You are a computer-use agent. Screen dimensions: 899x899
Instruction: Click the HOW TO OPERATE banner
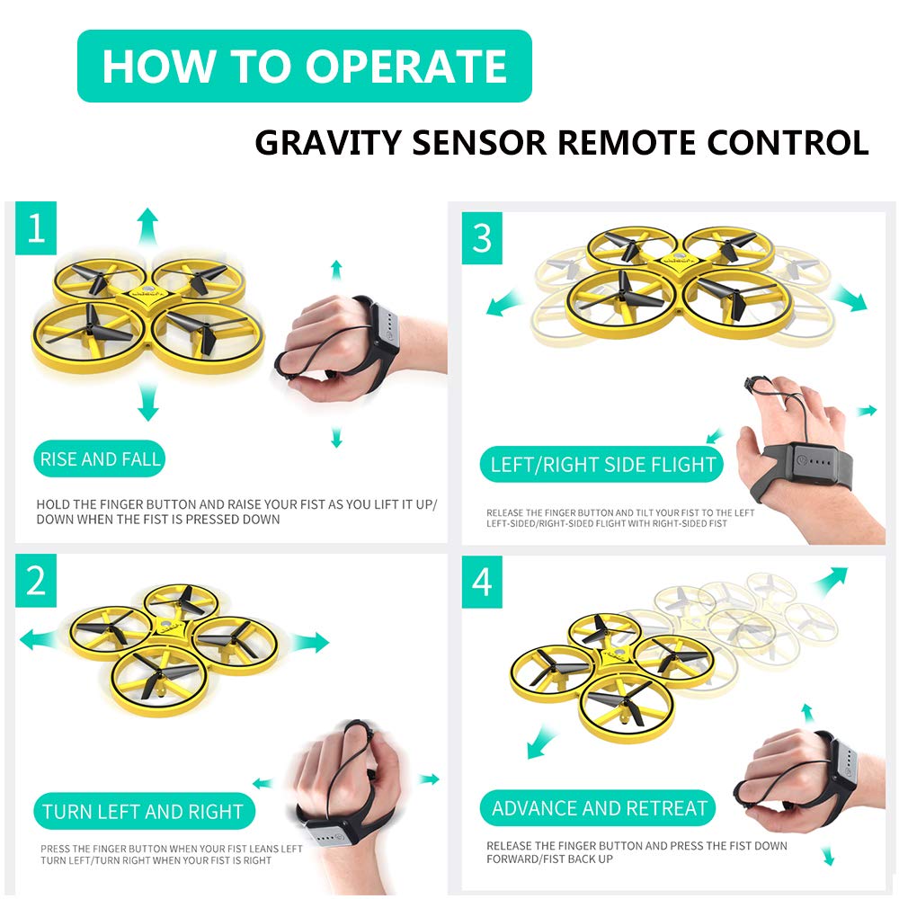305,66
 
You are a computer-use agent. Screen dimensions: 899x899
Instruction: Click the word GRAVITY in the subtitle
328,143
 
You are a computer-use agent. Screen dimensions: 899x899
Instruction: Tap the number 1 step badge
36,227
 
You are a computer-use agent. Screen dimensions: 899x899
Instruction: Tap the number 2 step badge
36,580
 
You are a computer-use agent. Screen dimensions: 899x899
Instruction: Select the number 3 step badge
482,238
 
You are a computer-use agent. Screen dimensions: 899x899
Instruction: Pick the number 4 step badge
482,582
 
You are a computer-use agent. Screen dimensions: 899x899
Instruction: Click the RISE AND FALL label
100,458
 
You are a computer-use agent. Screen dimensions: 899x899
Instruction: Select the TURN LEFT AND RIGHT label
143,811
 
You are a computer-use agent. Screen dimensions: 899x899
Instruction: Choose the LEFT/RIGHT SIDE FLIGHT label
602,464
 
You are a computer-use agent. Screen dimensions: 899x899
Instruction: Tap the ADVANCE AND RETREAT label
598,808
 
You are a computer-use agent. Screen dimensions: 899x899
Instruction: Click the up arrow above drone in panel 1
148,227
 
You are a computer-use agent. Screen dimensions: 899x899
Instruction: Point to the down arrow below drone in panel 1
148,402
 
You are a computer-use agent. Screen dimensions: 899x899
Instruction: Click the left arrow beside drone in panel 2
39,640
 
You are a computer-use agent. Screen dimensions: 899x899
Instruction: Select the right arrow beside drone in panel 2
309,642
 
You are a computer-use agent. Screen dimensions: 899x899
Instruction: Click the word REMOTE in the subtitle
623,143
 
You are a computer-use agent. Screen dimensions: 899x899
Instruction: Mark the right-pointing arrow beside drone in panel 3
850,298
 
